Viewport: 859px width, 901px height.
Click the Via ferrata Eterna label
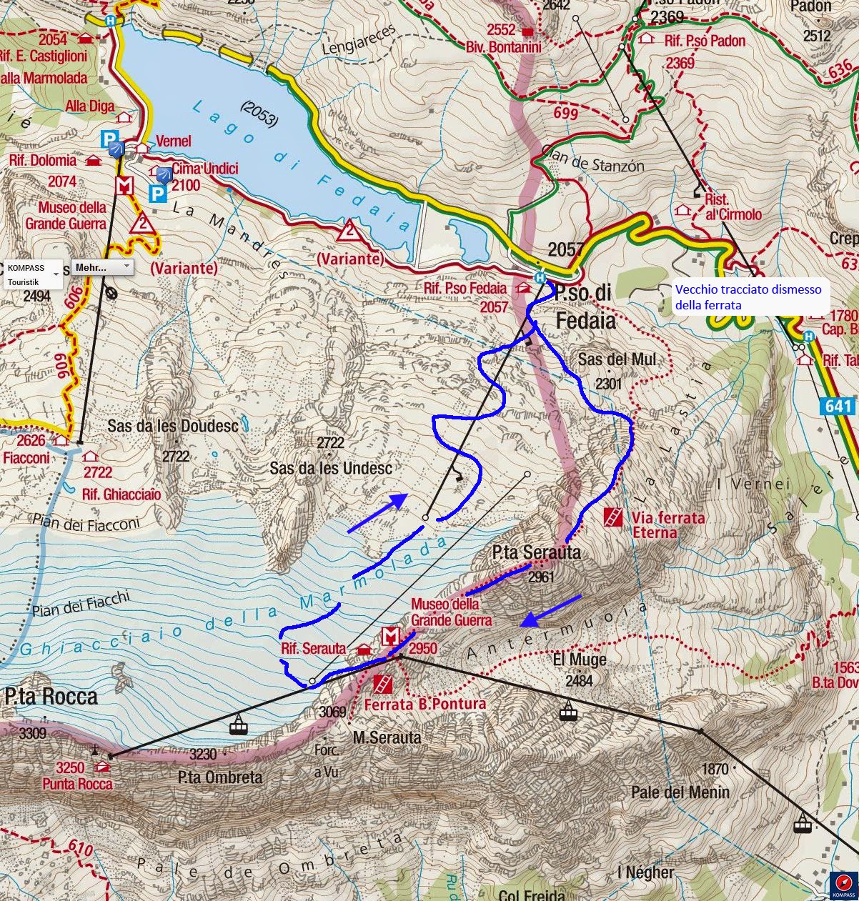click(x=668, y=524)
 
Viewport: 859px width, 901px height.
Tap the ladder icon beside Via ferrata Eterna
click(x=612, y=517)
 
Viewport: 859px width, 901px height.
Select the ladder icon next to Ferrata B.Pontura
click(x=383, y=684)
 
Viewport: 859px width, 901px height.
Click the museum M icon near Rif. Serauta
click(x=390, y=635)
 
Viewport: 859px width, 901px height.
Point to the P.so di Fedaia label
click(x=585, y=306)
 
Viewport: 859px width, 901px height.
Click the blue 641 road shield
click(x=838, y=407)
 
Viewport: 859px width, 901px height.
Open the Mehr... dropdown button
click(x=101, y=267)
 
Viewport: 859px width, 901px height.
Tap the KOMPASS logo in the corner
click(x=843, y=885)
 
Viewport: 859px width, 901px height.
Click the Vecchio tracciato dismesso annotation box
click(x=748, y=297)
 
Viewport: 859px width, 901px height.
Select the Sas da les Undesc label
click(x=331, y=469)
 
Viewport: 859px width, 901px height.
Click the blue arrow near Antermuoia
click(x=552, y=609)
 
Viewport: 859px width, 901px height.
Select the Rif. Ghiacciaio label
click(x=121, y=494)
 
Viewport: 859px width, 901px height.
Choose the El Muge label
click(x=580, y=660)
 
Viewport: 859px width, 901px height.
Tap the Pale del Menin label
click(x=680, y=792)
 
